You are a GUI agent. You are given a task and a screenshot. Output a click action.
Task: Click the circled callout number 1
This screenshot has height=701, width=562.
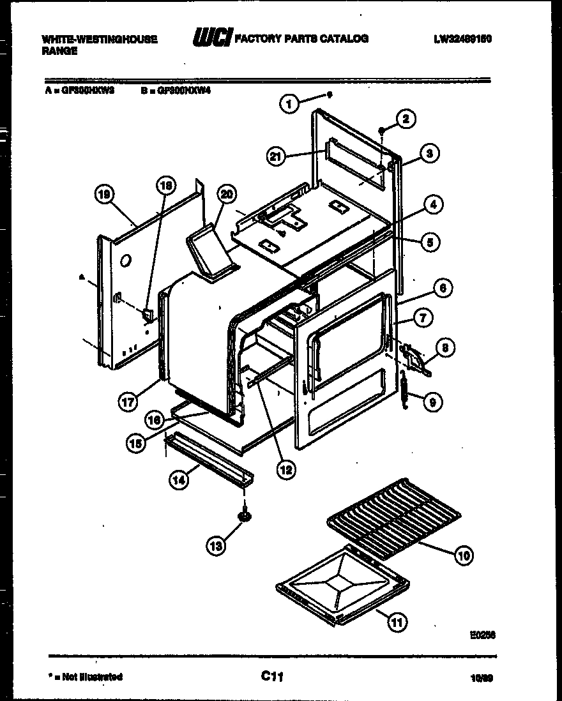click(x=290, y=103)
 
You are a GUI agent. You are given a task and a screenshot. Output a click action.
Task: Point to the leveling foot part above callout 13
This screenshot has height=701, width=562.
click(x=245, y=515)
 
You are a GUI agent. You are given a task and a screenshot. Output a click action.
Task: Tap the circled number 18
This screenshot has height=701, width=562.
click(x=165, y=186)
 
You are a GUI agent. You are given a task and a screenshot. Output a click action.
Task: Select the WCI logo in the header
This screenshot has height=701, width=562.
click(x=212, y=39)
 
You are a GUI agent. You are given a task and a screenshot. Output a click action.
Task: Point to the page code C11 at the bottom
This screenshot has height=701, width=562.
click(x=272, y=675)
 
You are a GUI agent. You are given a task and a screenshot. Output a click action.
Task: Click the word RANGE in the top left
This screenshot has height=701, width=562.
click(x=59, y=52)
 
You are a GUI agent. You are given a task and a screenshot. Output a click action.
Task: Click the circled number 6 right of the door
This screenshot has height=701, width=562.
click(x=443, y=288)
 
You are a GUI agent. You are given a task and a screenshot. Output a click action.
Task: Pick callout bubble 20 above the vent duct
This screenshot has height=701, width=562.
click(x=225, y=195)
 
